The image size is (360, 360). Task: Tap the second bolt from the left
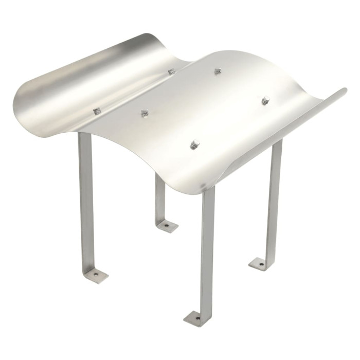click(145, 113)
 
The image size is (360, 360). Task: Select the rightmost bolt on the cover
click(266, 100)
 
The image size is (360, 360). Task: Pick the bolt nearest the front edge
click(195, 145)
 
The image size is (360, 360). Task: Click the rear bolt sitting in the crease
click(171, 71)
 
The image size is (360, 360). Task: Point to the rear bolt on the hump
click(218, 71)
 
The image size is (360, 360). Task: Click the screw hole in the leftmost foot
click(96, 275)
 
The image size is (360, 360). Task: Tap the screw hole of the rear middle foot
click(167, 225)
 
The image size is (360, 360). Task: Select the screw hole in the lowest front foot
click(197, 318)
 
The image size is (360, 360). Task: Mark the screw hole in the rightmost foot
click(261, 264)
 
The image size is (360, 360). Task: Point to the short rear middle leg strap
click(160, 198)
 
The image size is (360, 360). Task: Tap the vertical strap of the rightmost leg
click(274, 201)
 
